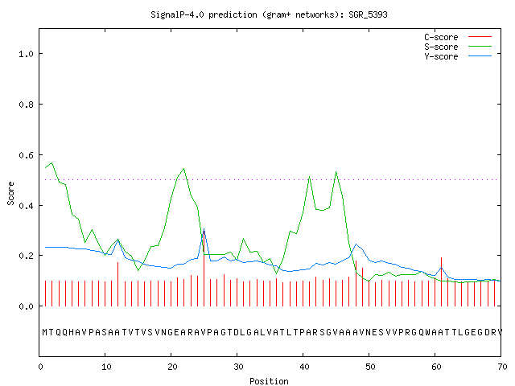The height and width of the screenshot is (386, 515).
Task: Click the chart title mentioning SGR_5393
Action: pyautogui.click(x=269, y=14)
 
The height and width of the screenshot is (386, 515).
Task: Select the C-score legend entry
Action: pyautogui.click(x=458, y=37)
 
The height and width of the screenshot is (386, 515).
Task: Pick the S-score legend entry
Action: pyautogui.click(x=458, y=47)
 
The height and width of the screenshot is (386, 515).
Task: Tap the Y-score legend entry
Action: pyautogui.click(x=458, y=56)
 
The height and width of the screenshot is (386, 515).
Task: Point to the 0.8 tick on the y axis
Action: pyautogui.click(x=26, y=105)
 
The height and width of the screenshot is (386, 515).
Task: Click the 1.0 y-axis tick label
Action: pyautogui.click(x=26, y=54)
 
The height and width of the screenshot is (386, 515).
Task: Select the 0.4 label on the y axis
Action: pyautogui.click(x=26, y=206)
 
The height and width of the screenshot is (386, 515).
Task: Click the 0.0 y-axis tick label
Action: pyautogui.click(x=26, y=306)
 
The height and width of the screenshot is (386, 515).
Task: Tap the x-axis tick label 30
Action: pyautogui.click(x=238, y=367)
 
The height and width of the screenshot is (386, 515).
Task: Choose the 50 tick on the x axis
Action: pyautogui.click(x=370, y=367)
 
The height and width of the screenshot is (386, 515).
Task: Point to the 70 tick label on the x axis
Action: pyautogui.click(x=502, y=367)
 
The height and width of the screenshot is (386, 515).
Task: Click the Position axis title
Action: pyautogui.click(x=269, y=381)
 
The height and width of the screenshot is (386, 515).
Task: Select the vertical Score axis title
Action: pyautogui.click(x=10, y=193)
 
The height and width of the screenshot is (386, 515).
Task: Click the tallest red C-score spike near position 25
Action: pyautogui.click(x=204, y=268)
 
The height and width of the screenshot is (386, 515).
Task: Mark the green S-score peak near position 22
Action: pyautogui.click(x=184, y=169)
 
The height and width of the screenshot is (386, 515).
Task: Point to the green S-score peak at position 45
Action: pyautogui.click(x=336, y=171)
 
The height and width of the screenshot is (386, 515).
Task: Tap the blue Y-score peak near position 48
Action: pyautogui.click(x=356, y=244)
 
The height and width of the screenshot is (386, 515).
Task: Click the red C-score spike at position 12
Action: pyautogui.click(x=118, y=284)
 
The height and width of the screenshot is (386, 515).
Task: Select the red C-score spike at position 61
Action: pyautogui.click(x=442, y=282)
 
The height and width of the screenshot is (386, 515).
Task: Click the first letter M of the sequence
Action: pyautogui.click(x=45, y=332)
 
